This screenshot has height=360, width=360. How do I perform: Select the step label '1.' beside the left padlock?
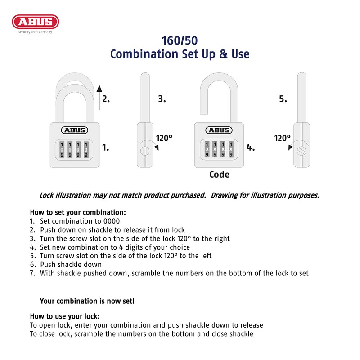click(106, 147)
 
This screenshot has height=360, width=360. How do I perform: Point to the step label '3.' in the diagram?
click(162, 99)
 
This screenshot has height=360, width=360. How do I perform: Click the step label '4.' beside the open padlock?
click(251, 147)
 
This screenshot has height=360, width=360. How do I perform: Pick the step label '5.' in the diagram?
click(283, 99)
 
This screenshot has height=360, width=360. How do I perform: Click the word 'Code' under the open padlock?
click(219, 174)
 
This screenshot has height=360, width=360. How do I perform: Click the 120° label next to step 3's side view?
click(164, 138)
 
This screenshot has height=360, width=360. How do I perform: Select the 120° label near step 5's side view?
click(283, 138)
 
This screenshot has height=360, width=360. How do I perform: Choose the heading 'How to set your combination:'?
click(78, 212)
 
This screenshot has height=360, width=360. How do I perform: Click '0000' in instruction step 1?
click(111, 221)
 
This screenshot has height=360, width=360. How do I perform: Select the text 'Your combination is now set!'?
click(87, 301)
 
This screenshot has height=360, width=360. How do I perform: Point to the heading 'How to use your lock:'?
click(64, 316)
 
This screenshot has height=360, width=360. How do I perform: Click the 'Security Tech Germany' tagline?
click(36, 32)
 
